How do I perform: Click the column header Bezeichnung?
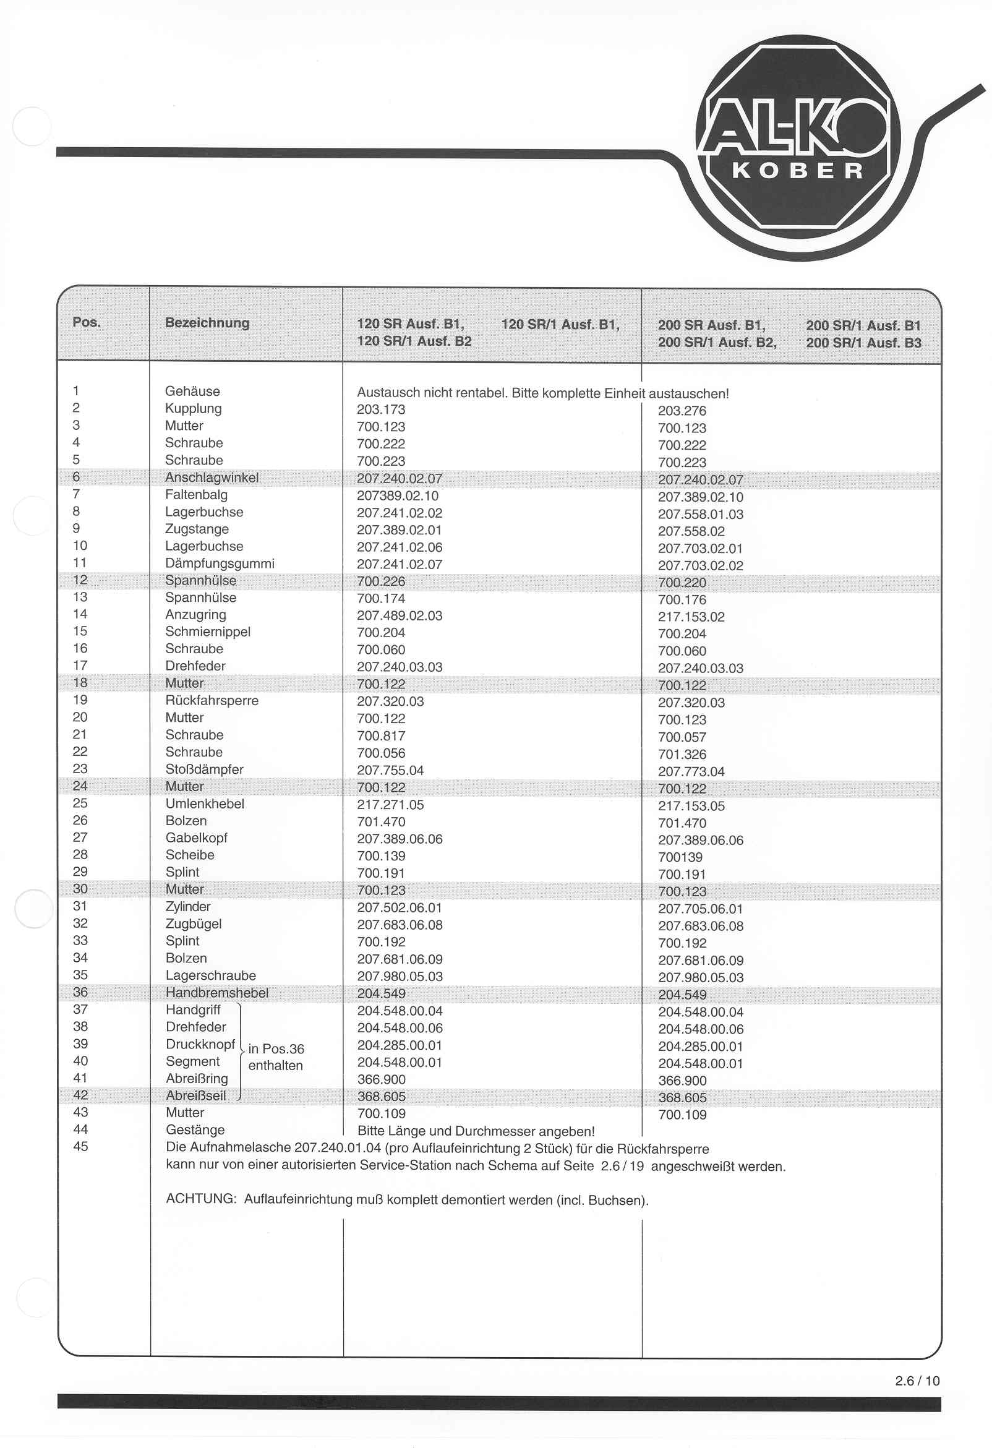point(207,323)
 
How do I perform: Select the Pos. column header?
point(87,322)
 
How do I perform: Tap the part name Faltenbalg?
point(196,495)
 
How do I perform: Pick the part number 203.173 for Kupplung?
point(381,409)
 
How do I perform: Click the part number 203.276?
point(682,411)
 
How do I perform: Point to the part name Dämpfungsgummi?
point(220,563)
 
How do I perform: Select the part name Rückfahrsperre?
point(212,700)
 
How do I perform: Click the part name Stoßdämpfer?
point(204,769)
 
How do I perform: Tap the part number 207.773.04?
point(691,771)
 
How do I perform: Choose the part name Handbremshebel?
point(217,993)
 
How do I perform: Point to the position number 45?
point(80,1146)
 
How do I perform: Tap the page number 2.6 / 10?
point(917,1381)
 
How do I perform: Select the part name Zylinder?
point(188,907)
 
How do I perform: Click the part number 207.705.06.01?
point(700,909)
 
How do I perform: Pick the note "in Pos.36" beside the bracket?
point(276,1048)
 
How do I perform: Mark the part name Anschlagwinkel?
point(212,478)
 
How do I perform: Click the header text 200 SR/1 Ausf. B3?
point(863,343)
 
